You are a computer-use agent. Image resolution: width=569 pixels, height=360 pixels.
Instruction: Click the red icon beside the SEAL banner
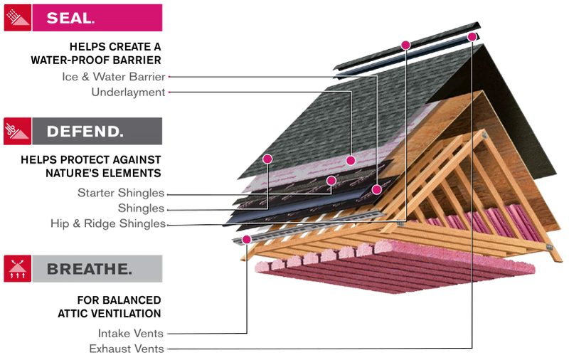17,18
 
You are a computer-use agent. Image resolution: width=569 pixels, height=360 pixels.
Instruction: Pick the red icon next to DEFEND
17,131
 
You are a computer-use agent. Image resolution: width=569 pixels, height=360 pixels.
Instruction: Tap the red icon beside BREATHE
17,268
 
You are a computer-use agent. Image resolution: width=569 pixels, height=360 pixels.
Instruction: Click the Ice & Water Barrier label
114,77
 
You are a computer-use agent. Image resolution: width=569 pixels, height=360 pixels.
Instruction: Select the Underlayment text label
128,92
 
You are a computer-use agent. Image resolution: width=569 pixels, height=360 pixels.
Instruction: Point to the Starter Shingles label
121,193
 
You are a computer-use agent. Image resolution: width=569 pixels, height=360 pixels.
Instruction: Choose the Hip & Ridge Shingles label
108,223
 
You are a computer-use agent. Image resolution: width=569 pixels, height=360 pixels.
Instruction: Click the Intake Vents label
131,333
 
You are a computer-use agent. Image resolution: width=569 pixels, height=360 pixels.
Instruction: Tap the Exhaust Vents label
127,349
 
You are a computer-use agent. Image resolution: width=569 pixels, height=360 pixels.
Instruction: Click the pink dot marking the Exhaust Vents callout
472,37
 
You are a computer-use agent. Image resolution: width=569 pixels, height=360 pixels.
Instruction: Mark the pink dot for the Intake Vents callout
246,240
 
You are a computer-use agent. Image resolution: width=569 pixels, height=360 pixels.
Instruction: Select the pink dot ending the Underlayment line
351,160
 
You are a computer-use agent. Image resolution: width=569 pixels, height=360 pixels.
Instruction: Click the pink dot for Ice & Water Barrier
377,189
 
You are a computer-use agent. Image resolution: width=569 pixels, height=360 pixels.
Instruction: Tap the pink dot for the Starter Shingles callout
331,181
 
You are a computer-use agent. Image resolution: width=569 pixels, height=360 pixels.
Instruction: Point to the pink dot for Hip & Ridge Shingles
405,45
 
